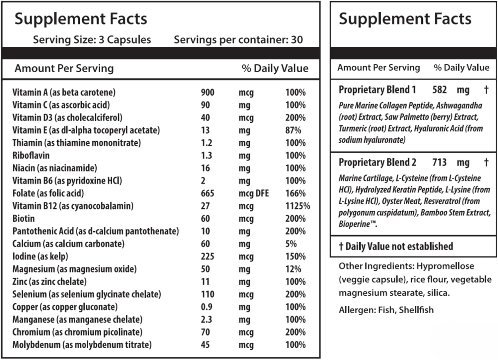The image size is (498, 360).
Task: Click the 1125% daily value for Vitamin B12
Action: (x=297, y=206)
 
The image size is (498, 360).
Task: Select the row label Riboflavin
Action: (x=31, y=156)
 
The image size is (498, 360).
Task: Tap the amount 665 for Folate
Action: (x=207, y=193)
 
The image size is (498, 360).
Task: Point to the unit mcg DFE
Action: (x=254, y=193)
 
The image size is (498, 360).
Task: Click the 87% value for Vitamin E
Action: (x=293, y=130)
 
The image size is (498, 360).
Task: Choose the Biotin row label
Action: (x=24, y=219)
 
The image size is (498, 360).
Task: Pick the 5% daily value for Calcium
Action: (x=291, y=244)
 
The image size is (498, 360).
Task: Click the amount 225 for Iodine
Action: (x=207, y=256)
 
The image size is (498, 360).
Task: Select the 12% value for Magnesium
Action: (x=293, y=269)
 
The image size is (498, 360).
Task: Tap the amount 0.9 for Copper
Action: (x=207, y=307)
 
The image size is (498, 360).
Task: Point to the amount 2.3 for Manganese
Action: (x=207, y=320)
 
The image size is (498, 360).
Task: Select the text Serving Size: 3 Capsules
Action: (x=92, y=40)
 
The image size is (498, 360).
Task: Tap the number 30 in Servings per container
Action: (x=297, y=40)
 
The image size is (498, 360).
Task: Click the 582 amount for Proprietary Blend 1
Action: (x=439, y=90)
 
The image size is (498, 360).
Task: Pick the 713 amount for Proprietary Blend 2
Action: (x=439, y=163)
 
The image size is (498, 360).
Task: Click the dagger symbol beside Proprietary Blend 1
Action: (x=486, y=90)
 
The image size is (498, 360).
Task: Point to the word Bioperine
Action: (x=354, y=224)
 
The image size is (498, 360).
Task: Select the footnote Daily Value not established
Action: (x=399, y=247)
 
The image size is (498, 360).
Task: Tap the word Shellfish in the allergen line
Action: (x=416, y=310)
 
